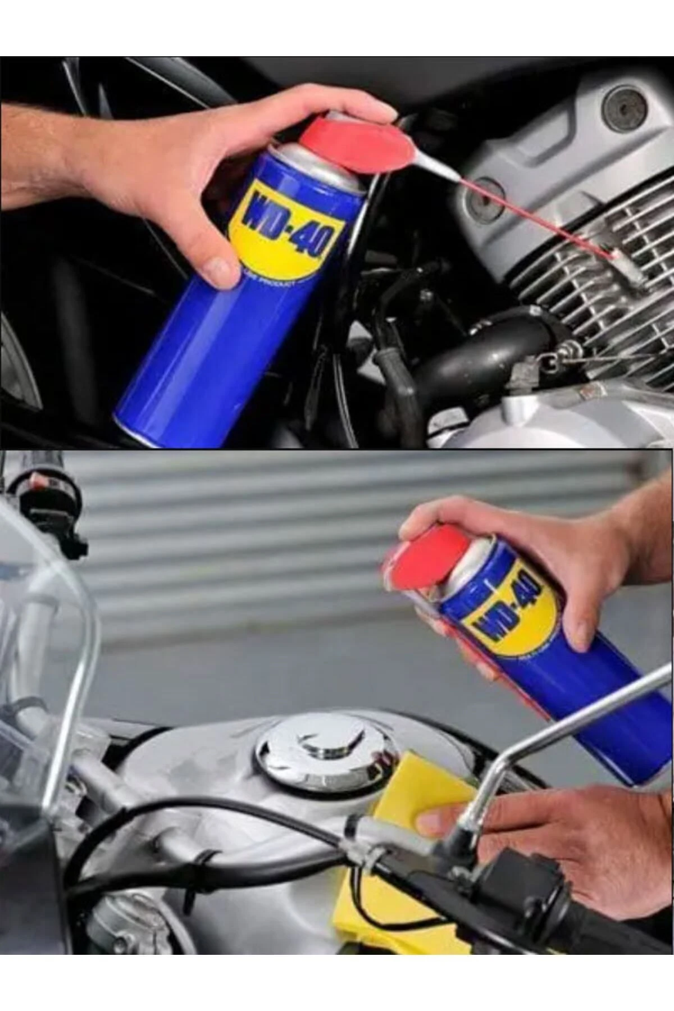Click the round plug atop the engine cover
623,107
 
